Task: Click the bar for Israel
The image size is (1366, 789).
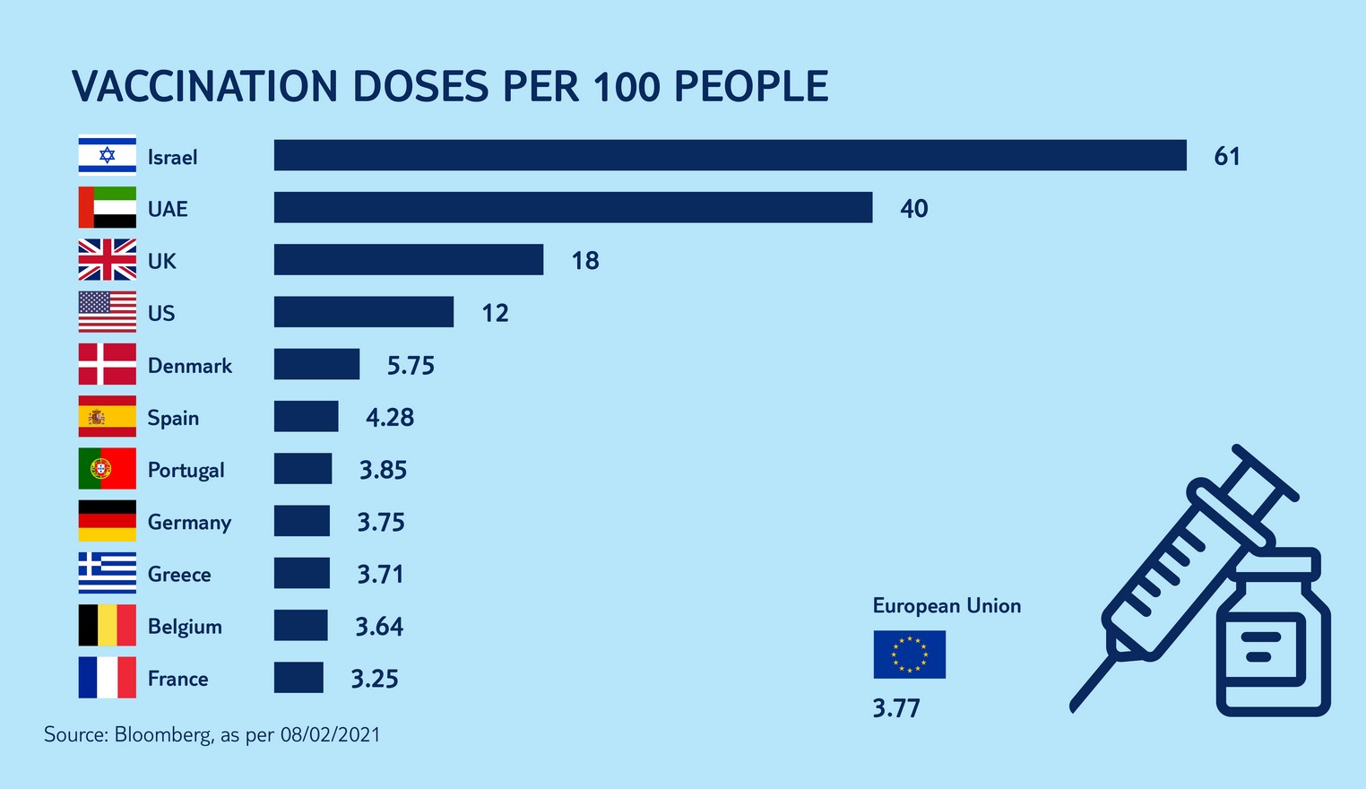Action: click(730, 155)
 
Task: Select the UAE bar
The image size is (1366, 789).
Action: click(573, 207)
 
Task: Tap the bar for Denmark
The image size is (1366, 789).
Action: click(316, 364)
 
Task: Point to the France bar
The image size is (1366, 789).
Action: click(298, 678)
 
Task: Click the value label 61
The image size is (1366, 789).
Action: click(1227, 156)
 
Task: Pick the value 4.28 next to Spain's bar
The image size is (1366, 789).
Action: click(390, 417)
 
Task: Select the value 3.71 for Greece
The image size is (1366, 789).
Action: click(381, 574)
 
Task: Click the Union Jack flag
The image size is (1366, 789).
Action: click(108, 260)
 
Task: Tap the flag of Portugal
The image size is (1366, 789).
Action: click(108, 469)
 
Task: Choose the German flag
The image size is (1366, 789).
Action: click(108, 521)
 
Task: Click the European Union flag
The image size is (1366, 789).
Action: click(909, 655)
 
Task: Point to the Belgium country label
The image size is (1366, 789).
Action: click(185, 626)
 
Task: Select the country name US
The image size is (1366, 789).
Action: click(161, 313)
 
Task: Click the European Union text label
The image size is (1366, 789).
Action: click(947, 606)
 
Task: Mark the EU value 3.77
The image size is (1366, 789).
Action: click(896, 708)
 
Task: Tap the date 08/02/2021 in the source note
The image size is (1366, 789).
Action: click(330, 735)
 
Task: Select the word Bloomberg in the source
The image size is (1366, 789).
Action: click(163, 735)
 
